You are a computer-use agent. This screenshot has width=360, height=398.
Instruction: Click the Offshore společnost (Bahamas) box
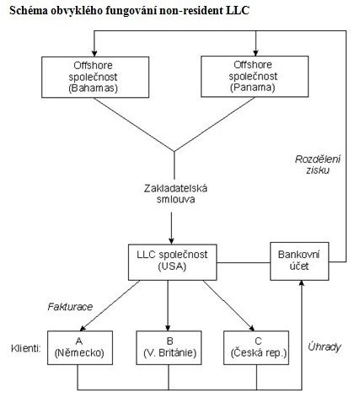pyautogui.click(x=95, y=77)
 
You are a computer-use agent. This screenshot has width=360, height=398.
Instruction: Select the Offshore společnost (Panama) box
pyautogui.click(x=255, y=77)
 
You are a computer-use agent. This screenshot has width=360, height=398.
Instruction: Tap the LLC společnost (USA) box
pyautogui.click(x=173, y=262)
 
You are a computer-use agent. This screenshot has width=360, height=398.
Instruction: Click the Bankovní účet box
pyautogui.click(x=299, y=261)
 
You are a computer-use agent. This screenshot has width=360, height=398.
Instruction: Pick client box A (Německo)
pyautogui.click(x=80, y=347)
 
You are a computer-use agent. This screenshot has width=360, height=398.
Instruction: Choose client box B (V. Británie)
pyautogui.click(x=169, y=347)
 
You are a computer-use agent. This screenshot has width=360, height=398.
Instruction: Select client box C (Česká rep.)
pyautogui.click(x=256, y=347)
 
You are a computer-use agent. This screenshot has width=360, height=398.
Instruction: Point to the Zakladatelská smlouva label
pyautogui.click(x=175, y=194)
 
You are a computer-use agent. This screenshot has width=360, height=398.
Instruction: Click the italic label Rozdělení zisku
pyautogui.click(x=318, y=164)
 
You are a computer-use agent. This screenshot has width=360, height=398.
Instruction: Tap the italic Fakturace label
pyautogui.click(x=70, y=307)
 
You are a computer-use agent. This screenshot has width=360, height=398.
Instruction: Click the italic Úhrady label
pyautogui.click(x=325, y=347)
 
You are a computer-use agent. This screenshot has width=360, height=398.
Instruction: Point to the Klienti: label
pyautogui.click(x=26, y=348)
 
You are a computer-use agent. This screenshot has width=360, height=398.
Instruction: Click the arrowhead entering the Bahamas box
pyautogui.click(x=94, y=53)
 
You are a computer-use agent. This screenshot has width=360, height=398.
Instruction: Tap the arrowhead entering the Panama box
pyautogui.click(x=255, y=53)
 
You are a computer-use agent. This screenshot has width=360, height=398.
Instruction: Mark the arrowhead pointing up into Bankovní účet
pyautogui.click(x=302, y=283)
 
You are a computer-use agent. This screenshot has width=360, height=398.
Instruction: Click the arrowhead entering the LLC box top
pyautogui.click(x=171, y=241)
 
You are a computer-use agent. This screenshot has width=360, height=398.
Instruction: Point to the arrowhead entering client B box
pyautogui.click(x=168, y=328)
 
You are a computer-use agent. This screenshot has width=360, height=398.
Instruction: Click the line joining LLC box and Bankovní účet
pyautogui.click(x=244, y=263)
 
